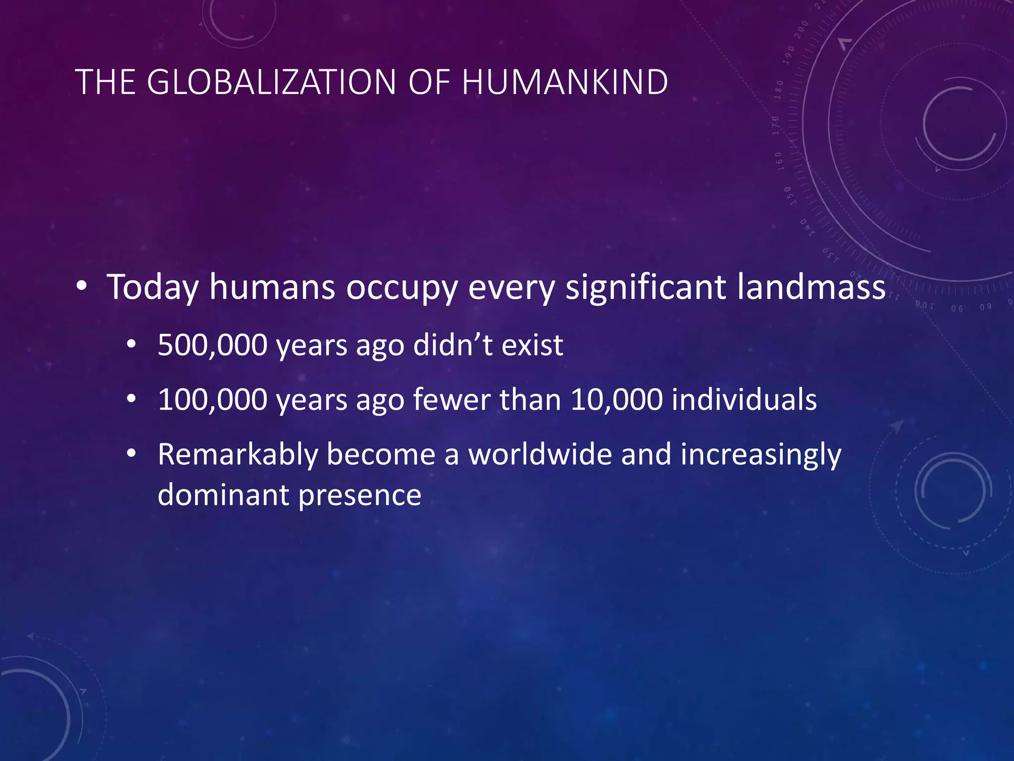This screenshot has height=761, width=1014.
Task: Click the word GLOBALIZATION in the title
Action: click(x=272, y=82)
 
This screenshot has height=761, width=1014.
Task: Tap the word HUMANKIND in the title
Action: click(x=565, y=82)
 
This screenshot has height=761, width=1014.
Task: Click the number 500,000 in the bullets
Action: click(x=212, y=345)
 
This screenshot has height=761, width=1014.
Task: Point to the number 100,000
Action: click(x=212, y=399)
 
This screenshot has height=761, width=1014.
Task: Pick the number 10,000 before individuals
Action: click(x=616, y=399)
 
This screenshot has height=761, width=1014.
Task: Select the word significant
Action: click(x=646, y=287)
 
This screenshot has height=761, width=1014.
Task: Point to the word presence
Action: click(x=360, y=495)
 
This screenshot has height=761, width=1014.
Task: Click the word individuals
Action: click(x=744, y=399)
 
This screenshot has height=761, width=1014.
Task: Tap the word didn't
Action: click(x=453, y=345)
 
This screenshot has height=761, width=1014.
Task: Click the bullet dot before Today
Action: click(x=82, y=287)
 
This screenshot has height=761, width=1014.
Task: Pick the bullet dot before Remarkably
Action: click(x=131, y=453)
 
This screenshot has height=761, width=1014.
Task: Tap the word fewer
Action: click(x=452, y=399)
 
